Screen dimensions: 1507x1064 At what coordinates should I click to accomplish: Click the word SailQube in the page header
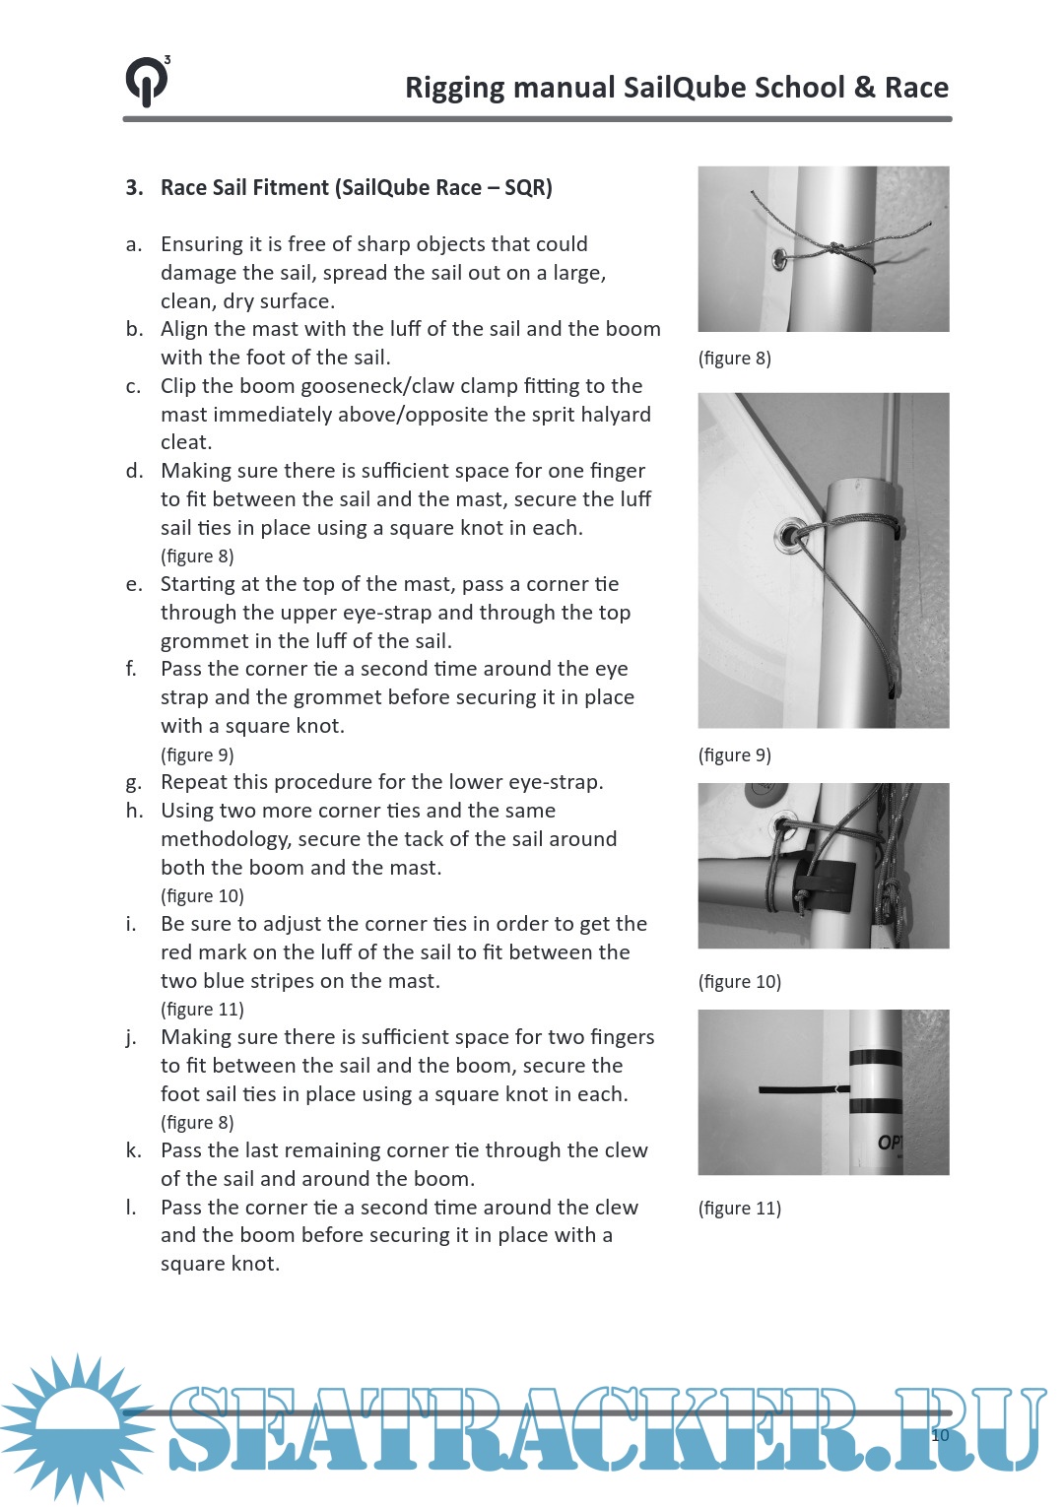(685, 88)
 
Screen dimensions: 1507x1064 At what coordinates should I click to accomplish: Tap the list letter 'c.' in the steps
(133, 386)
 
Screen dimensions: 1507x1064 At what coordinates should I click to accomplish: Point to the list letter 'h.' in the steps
(133, 811)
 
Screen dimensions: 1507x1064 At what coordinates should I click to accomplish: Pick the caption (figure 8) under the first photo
(734, 359)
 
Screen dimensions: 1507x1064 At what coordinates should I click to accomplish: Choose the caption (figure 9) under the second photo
(734, 755)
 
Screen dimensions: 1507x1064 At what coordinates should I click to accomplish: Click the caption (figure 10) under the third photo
(739, 982)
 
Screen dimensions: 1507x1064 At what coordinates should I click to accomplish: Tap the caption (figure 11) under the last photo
(739, 1209)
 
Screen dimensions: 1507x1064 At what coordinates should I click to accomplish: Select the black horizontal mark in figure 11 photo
(796, 1089)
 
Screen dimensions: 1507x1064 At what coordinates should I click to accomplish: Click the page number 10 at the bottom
(940, 1435)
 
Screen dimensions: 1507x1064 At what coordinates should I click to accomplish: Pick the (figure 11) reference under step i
(202, 1010)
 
